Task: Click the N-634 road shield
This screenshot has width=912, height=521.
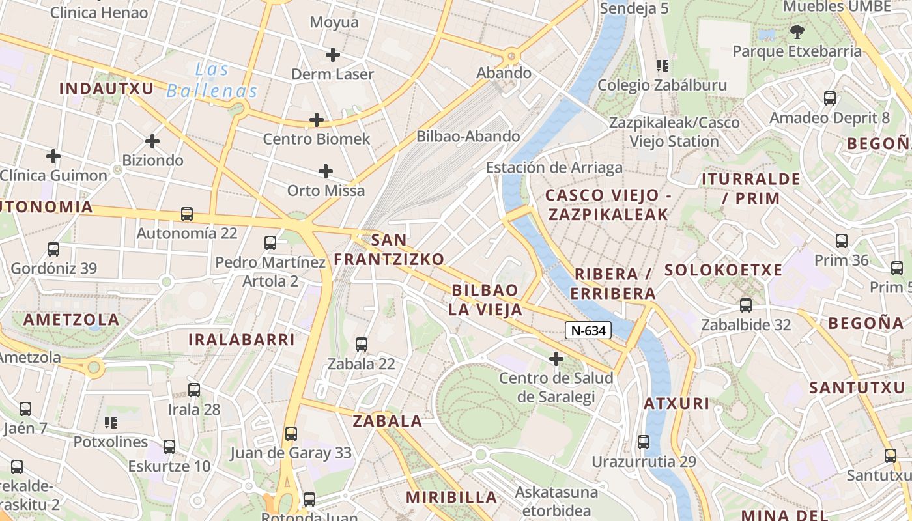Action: (x=588, y=331)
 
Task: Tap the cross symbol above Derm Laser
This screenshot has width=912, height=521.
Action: (x=333, y=55)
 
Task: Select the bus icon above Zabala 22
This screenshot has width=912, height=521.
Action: (x=362, y=345)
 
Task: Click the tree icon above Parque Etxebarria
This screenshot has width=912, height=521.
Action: (x=796, y=31)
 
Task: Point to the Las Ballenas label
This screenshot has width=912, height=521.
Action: (x=212, y=80)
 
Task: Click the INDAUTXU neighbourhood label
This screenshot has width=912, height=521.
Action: (x=107, y=89)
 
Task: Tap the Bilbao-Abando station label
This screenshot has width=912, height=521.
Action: (x=468, y=136)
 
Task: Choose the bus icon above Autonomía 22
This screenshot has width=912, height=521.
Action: (x=187, y=214)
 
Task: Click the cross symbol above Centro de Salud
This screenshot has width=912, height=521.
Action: (x=556, y=358)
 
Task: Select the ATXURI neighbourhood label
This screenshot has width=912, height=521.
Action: (x=677, y=404)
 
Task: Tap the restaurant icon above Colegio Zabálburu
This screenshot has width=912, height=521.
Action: (x=663, y=66)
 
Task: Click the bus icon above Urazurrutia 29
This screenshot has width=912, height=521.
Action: (x=644, y=442)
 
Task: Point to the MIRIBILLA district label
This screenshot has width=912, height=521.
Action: (x=451, y=498)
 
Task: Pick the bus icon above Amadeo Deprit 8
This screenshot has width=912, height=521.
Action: (x=830, y=98)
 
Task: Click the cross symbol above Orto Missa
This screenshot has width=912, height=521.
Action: (x=326, y=171)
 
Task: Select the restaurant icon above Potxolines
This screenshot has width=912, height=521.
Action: (x=111, y=423)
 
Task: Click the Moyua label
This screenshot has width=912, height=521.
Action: (x=334, y=22)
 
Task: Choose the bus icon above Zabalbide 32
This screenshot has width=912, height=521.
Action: (x=746, y=305)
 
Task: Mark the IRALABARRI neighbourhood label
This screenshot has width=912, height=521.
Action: (x=242, y=339)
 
